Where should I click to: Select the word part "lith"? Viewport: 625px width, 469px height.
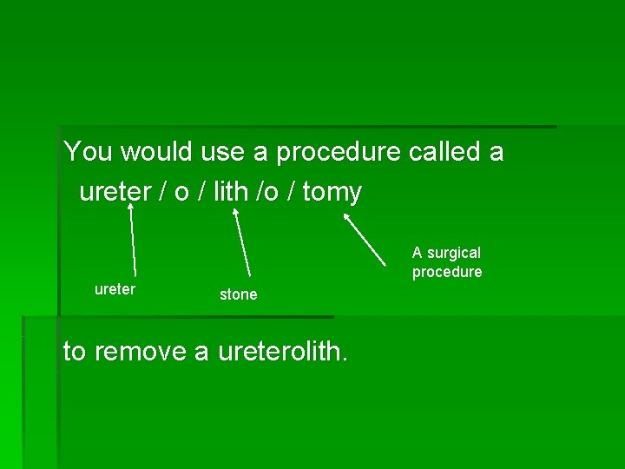(x=230, y=192)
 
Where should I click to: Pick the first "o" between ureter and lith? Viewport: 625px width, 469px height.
(x=181, y=193)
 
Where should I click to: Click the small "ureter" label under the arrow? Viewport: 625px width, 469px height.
(x=115, y=289)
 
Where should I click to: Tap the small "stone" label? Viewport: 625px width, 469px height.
(x=238, y=294)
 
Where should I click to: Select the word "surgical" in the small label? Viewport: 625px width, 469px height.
(x=453, y=253)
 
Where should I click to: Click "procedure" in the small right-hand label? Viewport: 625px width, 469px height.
(x=446, y=272)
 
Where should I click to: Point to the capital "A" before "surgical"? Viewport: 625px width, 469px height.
(x=418, y=253)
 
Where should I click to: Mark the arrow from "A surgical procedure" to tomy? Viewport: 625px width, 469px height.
(x=365, y=239)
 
